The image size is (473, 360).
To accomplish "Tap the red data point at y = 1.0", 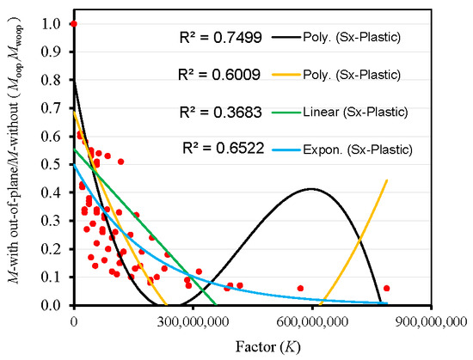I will click(x=73, y=24).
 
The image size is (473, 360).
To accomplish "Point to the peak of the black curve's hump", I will click(x=310, y=189).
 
